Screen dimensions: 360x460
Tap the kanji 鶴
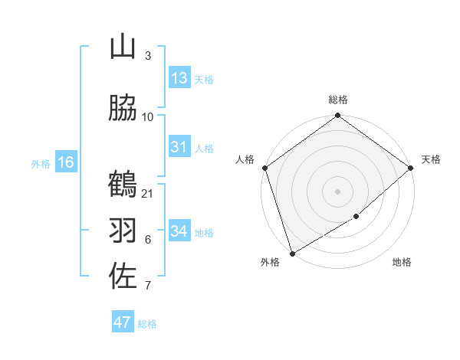123,185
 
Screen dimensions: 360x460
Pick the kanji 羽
123,230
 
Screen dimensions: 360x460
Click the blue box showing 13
179,78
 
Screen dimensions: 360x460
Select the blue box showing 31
179,147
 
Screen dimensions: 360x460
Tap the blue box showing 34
179,231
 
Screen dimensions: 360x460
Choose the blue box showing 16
66,162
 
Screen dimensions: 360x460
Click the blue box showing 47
123,322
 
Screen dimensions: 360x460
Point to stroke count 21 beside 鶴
148,193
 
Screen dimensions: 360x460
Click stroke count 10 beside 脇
148,116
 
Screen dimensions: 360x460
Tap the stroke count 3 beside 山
148,56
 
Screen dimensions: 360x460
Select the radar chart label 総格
338,100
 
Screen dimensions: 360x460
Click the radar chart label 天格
431,159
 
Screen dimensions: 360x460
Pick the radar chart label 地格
402,263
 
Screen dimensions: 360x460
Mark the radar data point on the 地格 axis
357,217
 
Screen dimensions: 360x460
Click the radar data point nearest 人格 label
264,168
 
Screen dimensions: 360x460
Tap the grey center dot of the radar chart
338,191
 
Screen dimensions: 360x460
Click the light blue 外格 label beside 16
41,163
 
